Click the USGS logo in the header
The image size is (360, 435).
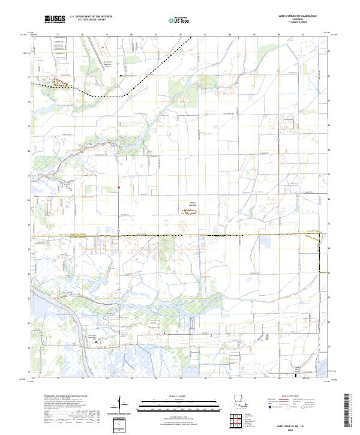55,19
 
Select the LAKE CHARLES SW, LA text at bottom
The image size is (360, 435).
302,425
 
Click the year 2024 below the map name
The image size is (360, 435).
302,430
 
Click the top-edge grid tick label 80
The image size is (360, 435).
131,35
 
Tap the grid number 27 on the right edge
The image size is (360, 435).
329,175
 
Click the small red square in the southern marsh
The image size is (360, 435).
164,332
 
